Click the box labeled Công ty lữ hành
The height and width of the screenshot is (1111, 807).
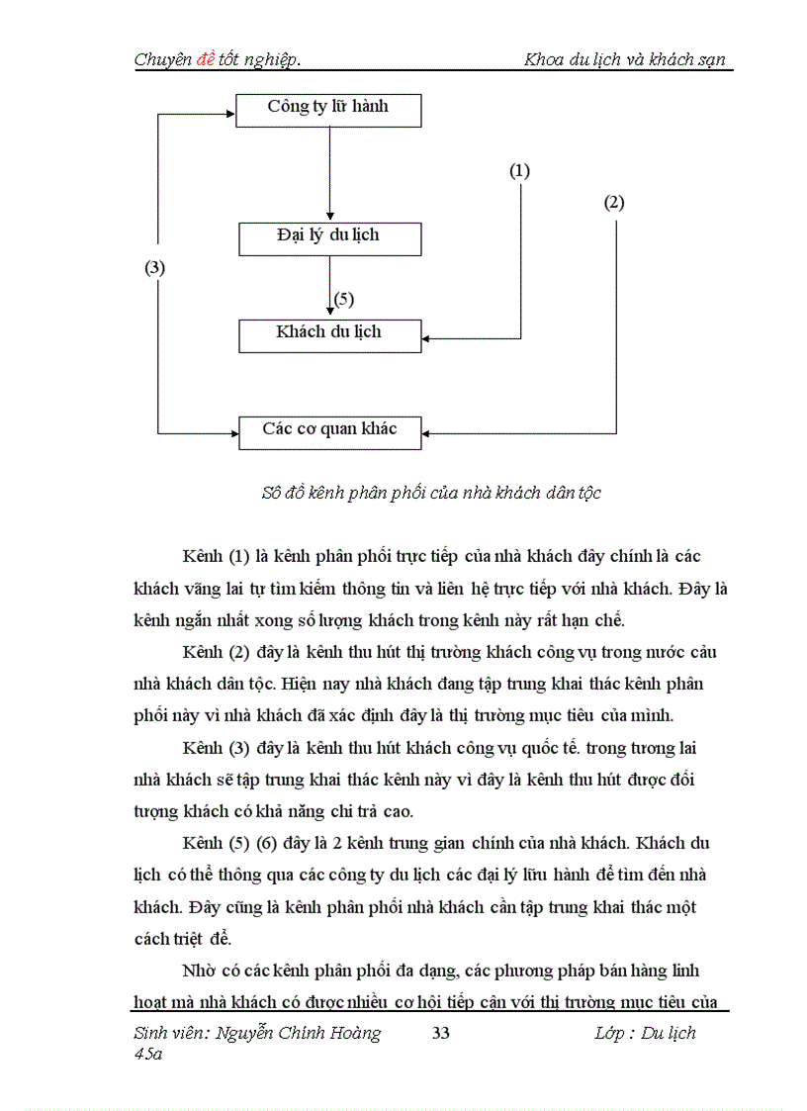click(x=328, y=109)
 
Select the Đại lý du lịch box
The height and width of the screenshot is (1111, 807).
click(x=328, y=237)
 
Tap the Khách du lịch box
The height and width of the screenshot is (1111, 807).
click(x=328, y=334)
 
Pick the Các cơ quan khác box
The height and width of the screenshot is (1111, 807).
click(x=328, y=431)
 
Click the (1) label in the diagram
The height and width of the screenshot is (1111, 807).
click(x=519, y=171)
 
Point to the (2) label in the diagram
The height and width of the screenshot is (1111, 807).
click(x=614, y=203)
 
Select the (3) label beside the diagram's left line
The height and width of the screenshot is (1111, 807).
click(x=155, y=268)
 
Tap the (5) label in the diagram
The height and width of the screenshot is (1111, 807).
click(x=343, y=299)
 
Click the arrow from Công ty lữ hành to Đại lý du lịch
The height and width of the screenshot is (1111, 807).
click(x=329, y=173)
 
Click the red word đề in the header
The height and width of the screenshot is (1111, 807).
click(x=206, y=60)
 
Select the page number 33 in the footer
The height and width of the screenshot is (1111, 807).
click(x=441, y=1034)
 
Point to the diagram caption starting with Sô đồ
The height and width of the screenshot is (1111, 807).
click(x=431, y=493)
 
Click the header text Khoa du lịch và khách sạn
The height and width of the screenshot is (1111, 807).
click(x=625, y=60)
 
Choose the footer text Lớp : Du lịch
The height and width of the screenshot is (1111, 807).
click(x=645, y=1034)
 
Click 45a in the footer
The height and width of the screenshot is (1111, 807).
click(x=148, y=1055)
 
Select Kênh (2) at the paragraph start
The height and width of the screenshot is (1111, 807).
click(x=216, y=653)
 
